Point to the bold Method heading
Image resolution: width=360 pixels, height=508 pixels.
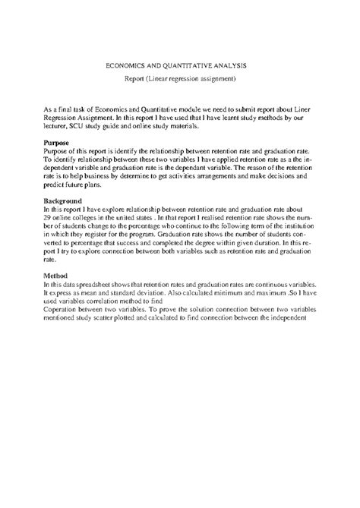[x=56, y=277]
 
